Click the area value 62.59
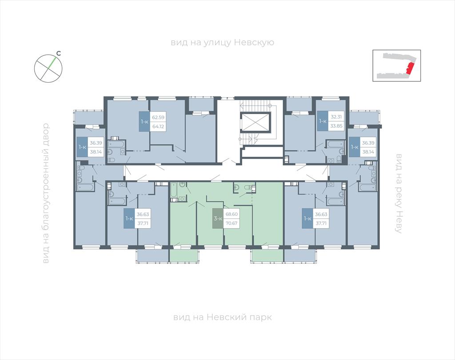(x=158, y=118)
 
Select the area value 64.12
(x=158, y=126)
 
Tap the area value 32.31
(x=335, y=117)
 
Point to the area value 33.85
(x=335, y=126)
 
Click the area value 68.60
(x=231, y=214)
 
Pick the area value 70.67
(x=231, y=223)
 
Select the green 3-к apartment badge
(x=218, y=218)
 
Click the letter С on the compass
(x=58, y=53)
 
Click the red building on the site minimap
(x=410, y=68)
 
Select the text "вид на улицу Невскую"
(x=222, y=43)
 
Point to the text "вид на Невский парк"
(x=222, y=317)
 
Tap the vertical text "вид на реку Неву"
(x=399, y=193)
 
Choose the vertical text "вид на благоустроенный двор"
(x=46, y=193)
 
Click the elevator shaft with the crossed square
(x=255, y=123)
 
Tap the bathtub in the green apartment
(x=174, y=192)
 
